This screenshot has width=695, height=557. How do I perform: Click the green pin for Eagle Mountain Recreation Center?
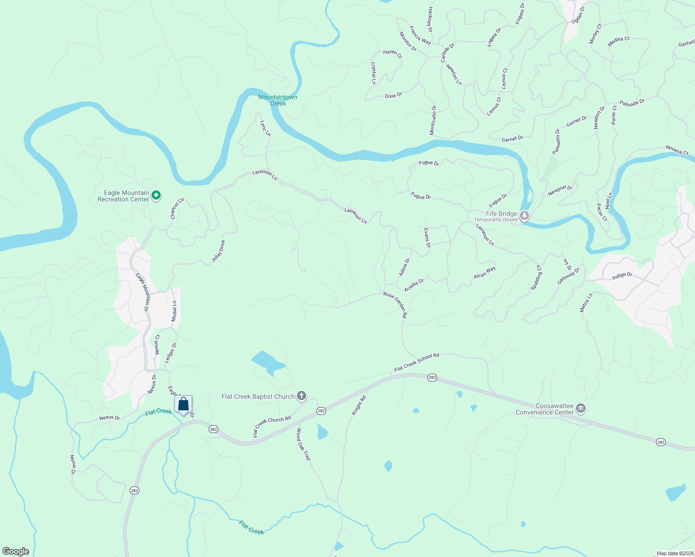pyautogui.click(x=157, y=196)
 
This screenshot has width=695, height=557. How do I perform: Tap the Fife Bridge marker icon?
pyautogui.click(x=525, y=216)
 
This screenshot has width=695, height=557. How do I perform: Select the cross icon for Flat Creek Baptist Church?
pyautogui.click(x=302, y=396)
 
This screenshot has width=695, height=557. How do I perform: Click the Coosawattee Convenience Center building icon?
pyautogui.click(x=580, y=408)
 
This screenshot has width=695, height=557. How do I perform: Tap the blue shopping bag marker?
pyautogui.click(x=184, y=404)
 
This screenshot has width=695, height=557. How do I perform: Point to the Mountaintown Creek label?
pyautogui.click(x=278, y=100)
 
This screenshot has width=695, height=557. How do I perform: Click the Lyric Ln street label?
pyautogui.click(x=265, y=128)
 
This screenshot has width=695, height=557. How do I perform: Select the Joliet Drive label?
pyautogui.click(x=218, y=251)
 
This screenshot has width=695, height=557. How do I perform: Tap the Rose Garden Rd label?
pyautogui.click(x=395, y=304)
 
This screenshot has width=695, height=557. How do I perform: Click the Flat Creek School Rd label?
pyautogui.click(x=417, y=362)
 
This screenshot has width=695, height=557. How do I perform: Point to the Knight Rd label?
pyautogui.click(x=359, y=405)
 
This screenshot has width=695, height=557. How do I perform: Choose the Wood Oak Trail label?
pyautogui.click(x=303, y=444)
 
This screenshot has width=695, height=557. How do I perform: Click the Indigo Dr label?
pyautogui.click(x=622, y=275)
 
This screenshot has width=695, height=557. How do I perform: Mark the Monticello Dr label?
pyautogui.click(x=433, y=120)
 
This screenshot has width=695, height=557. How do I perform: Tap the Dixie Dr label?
pyautogui.click(x=393, y=96)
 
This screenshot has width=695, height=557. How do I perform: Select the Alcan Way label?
pyautogui.click(x=485, y=272)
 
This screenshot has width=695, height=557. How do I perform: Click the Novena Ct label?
pyautogui.click(x=677, y=150)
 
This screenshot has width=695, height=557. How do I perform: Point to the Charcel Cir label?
pyautogui.click(x=177, y=208)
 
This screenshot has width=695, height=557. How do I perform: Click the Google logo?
pyautogui.click(x=16, y=551)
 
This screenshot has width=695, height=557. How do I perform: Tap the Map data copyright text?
pyautogui.click(x=675, y=553)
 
